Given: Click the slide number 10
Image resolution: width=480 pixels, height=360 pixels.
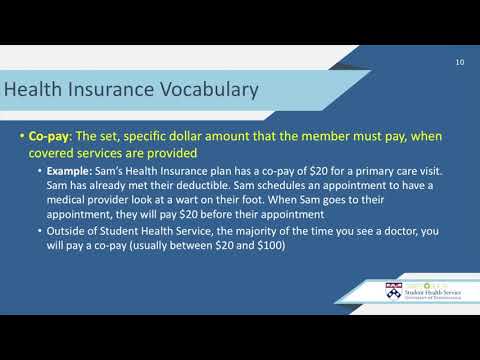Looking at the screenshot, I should click(459, 63).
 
